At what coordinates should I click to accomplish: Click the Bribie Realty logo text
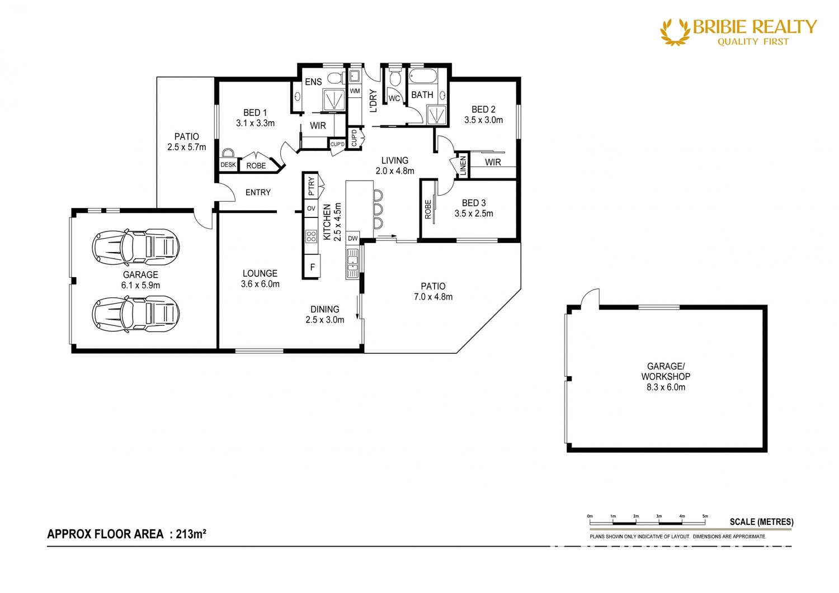coord(754,27)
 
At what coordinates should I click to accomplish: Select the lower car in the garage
coord(136,314)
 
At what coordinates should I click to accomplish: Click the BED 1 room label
coord(255,113)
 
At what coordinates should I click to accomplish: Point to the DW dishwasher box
coord(352,238)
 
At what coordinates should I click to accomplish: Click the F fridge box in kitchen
coord(312,267)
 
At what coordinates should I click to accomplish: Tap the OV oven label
coord(311,208)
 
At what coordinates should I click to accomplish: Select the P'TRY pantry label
coord(311,186)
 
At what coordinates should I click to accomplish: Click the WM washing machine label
coord(355,91)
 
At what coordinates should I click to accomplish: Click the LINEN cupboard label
coord(463,166)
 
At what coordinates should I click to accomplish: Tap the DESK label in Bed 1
coord(228,165)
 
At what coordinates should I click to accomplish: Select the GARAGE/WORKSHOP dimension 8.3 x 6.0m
coord(666,387)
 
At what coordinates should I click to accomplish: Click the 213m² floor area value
coord(191,534)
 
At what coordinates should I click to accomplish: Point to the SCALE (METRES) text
coord(761,522)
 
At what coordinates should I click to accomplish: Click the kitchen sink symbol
coord(352,264)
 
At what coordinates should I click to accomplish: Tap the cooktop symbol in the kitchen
coord(311,236)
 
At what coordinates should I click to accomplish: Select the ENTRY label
coord(258,192)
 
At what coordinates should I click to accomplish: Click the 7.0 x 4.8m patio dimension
coord(433,297)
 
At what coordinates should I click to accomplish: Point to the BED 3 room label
coord(474,203)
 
